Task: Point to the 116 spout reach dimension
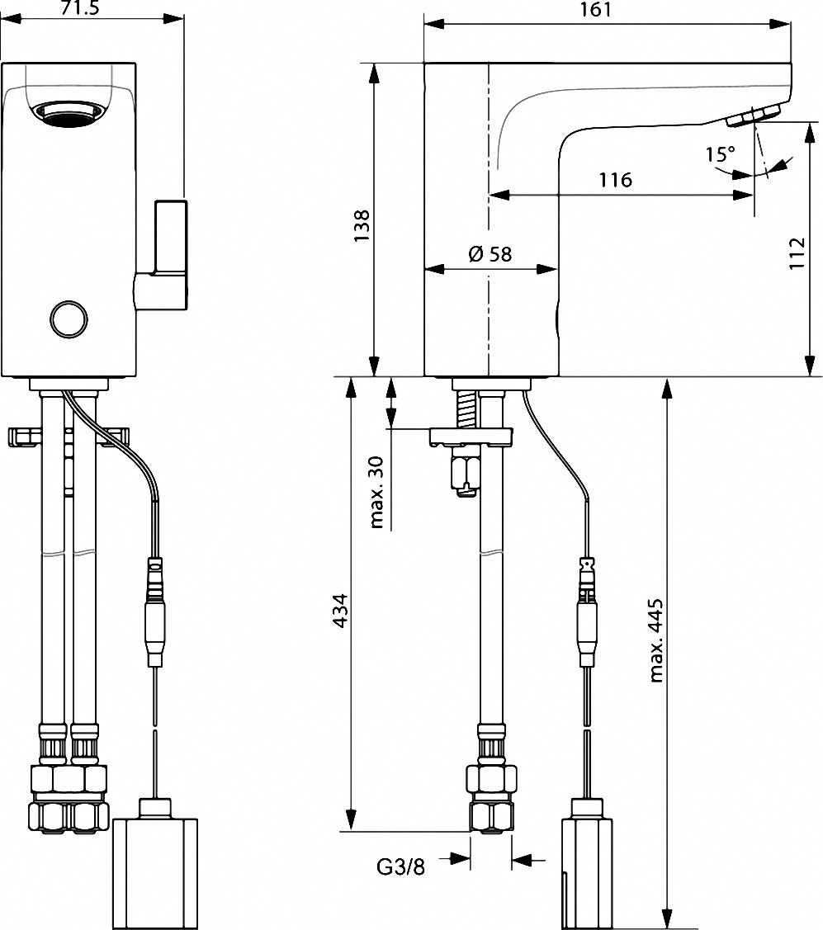[615, 180]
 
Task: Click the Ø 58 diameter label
[490, 254]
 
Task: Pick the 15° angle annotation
[720, 154]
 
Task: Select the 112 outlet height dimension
[796, 254]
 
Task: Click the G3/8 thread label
[400, 867]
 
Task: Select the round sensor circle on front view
[68, 318]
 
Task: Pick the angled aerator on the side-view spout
[754, 116]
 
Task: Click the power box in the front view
[155, 871]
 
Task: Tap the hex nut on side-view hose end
[491, 777]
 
